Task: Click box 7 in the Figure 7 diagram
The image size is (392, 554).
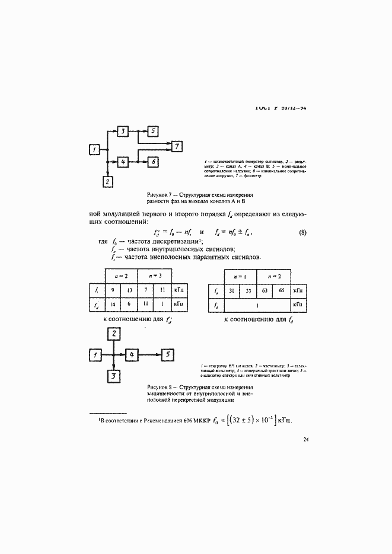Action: point(177,146)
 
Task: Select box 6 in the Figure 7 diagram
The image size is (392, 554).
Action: point(152,161)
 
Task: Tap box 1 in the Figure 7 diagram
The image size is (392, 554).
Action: point(94,150)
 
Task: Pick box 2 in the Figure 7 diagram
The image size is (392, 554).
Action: point(107,182)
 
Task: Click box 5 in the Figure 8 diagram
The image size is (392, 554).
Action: point(168,354)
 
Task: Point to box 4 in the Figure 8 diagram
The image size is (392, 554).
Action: point(133,354)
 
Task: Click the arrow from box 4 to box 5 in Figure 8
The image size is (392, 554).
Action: point(151,354)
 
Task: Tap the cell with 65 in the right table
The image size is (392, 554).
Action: point(282,290)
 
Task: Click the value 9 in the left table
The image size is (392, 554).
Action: point(113,290)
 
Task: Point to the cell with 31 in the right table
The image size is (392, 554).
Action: point(231,290)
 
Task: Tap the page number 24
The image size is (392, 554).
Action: point(305,439)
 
